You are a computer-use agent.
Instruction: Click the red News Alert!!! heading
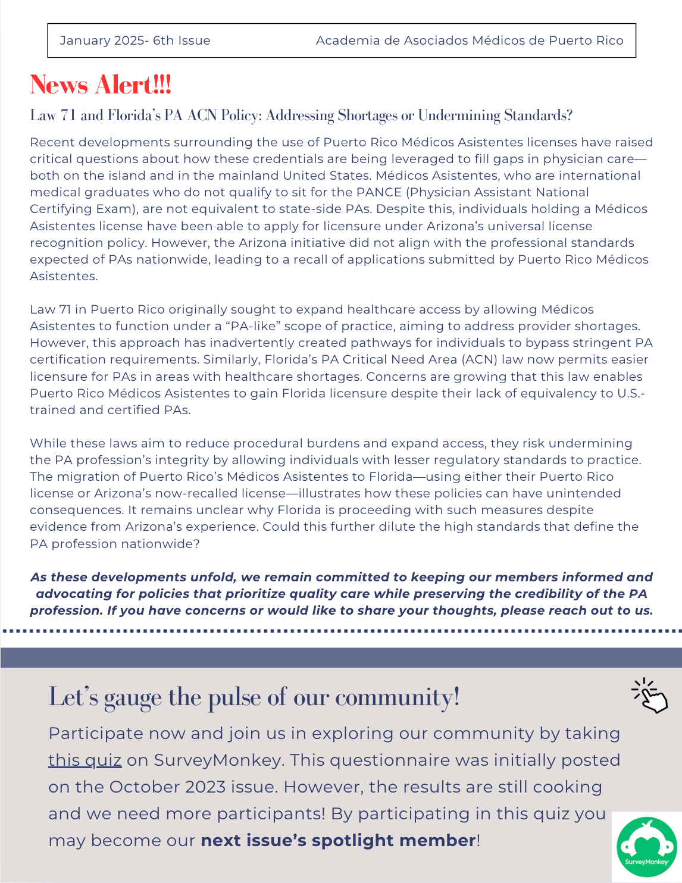coord(101,85)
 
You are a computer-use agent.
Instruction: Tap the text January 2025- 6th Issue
coord(135,40)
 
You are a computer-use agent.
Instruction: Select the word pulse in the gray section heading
coord(234,697)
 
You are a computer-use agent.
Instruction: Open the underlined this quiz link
coord(85,760)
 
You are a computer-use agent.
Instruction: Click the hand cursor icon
coord(650,696)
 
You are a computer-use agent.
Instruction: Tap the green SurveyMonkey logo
coord(646,847)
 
